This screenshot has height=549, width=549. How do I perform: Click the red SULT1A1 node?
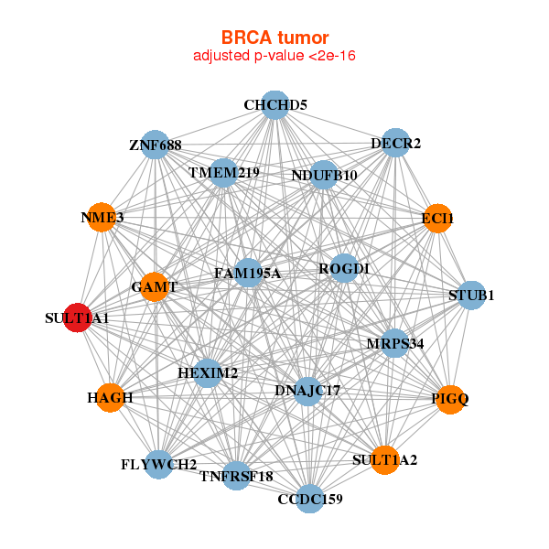click(x=78, y=318)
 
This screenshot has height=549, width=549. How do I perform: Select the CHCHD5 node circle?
click(x=275, y=105)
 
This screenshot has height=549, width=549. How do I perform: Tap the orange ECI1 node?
click(x=437, y=218)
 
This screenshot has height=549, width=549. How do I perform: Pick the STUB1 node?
click(x=471, y=296)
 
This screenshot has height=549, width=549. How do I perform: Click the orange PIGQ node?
click(x=450, y=400)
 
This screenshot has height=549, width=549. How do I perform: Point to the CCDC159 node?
click(x=310, y=499)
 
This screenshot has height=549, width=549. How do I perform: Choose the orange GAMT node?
click(x=154, y=286)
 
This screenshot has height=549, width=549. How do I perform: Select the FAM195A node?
click(x=248, y=273)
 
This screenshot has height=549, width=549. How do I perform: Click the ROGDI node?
click(x=344, y=268)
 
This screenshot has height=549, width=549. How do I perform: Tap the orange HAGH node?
click(x=111, y=398)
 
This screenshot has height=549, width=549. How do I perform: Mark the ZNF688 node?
click(x=155, y=145)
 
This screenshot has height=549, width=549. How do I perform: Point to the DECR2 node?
click(x=395, y=143)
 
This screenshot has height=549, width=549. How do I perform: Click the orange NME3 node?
click(x=102, y=217)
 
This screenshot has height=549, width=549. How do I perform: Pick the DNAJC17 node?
click(x=307, y=392)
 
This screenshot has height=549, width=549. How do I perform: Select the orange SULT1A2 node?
click(x=385, y=460)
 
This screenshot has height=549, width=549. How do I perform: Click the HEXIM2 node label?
click(x=208, y=373)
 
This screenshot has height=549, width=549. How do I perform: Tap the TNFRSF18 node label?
click(x=236, y=477)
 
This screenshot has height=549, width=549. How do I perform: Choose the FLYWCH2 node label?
click(x=159, y=465)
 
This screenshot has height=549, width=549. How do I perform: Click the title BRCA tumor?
click(x=274, y=38)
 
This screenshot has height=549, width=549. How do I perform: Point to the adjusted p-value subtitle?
click(x=274, y=56)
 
